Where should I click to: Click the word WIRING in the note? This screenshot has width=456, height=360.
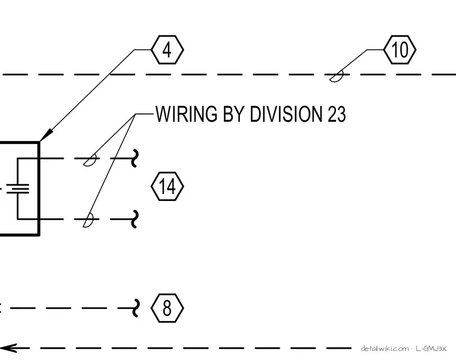(x=186, y=113)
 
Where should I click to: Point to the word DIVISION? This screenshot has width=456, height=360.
(x=286, y=113)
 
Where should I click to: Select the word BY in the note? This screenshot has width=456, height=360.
(x=233, y=113)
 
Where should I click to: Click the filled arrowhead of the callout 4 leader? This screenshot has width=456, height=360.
(x=46, y=135)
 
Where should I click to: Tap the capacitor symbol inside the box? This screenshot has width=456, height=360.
(x=18, y=188)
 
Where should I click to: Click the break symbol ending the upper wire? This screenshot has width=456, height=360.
(x=134, y=158)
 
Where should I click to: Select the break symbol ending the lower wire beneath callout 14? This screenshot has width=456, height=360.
(x=134, y=219)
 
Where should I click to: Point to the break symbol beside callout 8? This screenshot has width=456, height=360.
(x=136, y=308)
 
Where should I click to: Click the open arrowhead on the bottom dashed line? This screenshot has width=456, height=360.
(x=9, y=348)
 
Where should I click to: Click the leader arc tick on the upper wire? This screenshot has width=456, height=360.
(x=90, y=160)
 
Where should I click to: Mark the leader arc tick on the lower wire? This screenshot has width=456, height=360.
(x=88, y=220)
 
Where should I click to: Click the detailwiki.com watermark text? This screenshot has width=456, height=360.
(x=385, y=349)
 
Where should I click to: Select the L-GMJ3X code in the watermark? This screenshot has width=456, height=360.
(x=431, y=349)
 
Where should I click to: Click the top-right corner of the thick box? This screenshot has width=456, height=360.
(x=39, y=142)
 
